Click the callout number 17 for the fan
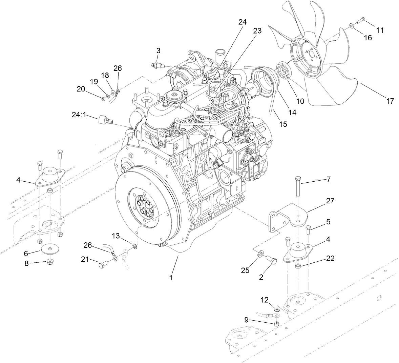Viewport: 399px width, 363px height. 390,101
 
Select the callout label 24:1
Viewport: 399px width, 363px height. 79,115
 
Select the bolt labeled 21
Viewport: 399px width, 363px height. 102,265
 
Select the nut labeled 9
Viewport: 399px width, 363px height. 276,324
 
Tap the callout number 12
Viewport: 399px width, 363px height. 264,300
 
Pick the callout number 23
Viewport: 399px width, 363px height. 257,31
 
